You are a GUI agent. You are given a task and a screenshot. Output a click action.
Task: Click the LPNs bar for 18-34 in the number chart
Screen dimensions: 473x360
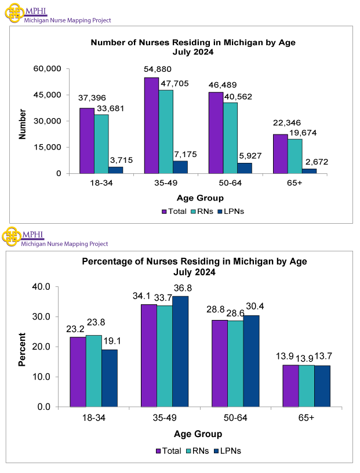[115, 170]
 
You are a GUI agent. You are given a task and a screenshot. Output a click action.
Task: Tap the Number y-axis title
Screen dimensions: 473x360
[23, 123]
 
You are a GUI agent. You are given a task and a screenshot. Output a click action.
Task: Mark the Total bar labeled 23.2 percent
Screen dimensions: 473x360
[78, 372]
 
